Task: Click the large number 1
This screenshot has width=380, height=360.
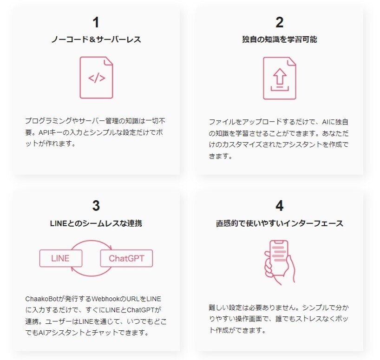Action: coord(96,22)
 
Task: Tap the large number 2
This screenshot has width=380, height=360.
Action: coord(279,22)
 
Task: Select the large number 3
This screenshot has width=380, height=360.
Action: coord(96,206)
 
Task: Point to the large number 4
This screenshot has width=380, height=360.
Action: coord(279,206)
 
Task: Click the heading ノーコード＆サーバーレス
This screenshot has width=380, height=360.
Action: coord(96,39)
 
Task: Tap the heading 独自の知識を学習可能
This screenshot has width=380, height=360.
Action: coord(279,39)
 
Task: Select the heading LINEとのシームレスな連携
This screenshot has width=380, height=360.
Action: coord(96,223)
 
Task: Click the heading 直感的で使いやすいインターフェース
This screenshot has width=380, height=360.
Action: coord(279,223)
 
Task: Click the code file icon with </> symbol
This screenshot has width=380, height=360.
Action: coord(96,78)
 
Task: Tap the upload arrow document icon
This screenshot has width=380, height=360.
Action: coord(279,78)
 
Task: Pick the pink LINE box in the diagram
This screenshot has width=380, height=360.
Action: coord(61,258)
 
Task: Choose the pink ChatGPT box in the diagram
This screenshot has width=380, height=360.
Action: coord(127,258)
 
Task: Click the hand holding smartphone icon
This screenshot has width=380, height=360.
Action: coord(279,262)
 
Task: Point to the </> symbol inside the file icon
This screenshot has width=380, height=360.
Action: coord(97,78)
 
